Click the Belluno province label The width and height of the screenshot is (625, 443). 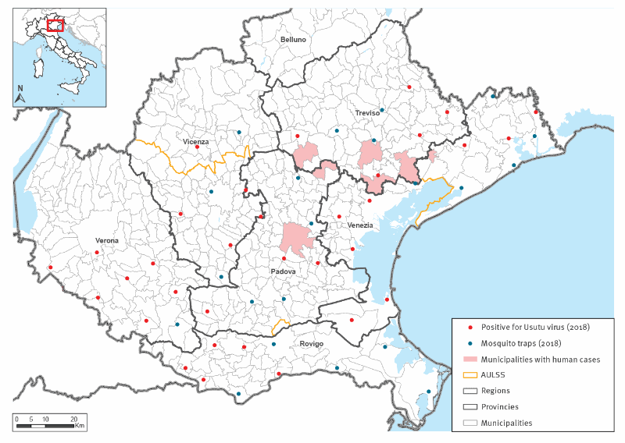pos(294,40)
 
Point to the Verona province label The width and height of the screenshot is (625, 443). pos(107,240)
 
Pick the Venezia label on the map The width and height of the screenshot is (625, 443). pos(359,225)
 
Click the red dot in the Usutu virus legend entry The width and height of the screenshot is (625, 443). pos(466,328)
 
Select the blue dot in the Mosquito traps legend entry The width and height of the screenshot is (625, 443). pos(466,344)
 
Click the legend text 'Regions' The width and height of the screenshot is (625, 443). pos(495,391)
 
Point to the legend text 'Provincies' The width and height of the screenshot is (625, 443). pos(500,406)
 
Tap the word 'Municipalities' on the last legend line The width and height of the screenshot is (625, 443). pos(507,423)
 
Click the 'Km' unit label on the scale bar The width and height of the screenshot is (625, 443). pos(80,426)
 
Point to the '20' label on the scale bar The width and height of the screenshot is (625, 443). pos(73,418)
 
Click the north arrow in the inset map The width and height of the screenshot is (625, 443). pos(21,97)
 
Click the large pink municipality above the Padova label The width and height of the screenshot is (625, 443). pos(296,238)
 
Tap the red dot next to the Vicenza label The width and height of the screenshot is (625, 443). pos(196,147)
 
